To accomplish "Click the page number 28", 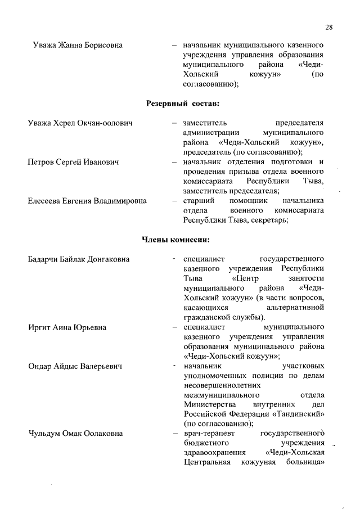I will (329, 27).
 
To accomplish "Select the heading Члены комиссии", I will (175, 240).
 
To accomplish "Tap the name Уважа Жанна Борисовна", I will (78, 44).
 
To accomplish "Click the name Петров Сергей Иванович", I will (74, 163).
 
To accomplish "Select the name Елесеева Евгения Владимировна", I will (87, 201).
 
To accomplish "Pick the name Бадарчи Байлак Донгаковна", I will (79, 259).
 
